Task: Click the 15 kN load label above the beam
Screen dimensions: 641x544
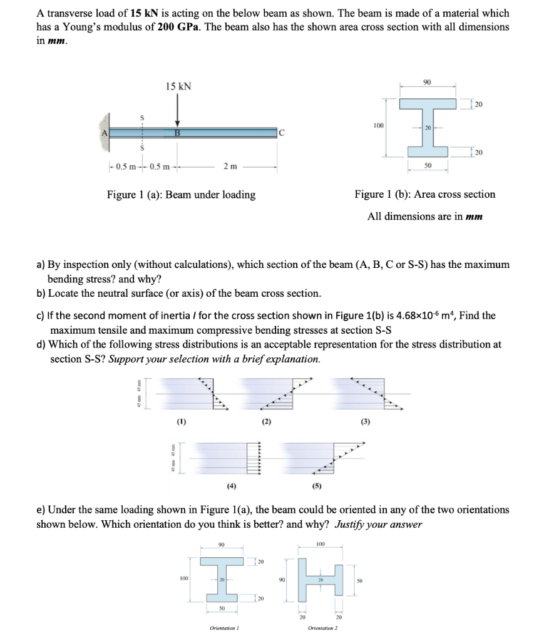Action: pyautogui.click(x=178, y=86)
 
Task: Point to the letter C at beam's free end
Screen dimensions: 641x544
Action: pyautogui.click(x=282, y=133)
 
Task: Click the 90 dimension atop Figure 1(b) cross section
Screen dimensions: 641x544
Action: pyautogui.click(x=427, y=82)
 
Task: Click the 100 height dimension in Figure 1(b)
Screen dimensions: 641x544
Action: pyautogui.click(x=378, y=126)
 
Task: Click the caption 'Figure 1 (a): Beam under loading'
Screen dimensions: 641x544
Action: pyautogui.click(x=181, y=195)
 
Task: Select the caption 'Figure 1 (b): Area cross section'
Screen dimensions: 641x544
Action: pyautogui.click(x=424, y=195)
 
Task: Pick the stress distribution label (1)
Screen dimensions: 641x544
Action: pyautogui.click(x=181, y=421)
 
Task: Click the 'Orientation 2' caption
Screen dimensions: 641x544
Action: pyautogui.click(x=323, y=627)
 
